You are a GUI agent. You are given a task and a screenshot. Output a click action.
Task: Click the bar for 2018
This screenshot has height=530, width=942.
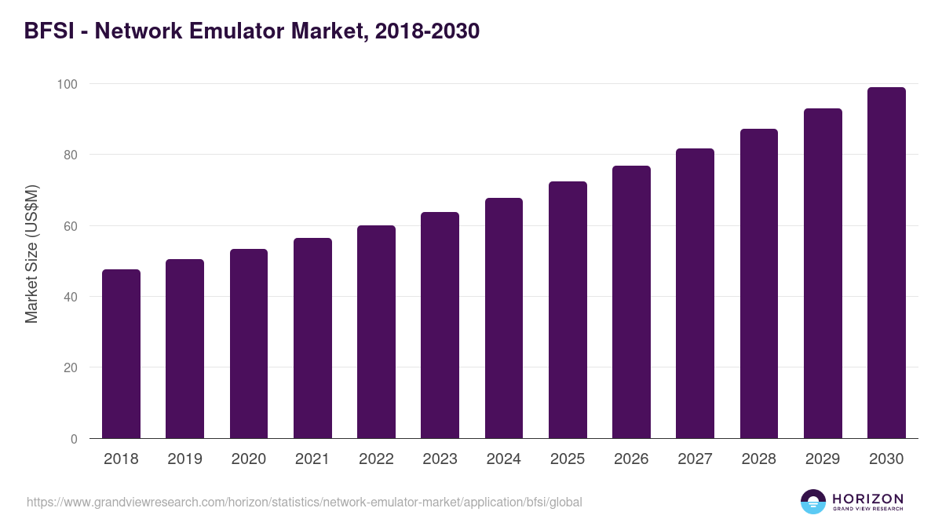[x=121, y=354]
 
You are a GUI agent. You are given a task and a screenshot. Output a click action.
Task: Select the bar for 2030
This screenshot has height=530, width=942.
[x=886, y=263]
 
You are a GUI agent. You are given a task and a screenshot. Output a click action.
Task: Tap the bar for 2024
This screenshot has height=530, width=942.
[x=504, y=318]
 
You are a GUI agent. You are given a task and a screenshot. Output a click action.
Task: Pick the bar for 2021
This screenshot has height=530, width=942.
[x=312, y=338]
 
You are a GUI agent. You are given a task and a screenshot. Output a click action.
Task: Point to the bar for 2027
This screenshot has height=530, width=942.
[x=695, y=294]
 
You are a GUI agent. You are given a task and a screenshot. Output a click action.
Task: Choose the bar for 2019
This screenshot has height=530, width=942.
[x=184, y=349]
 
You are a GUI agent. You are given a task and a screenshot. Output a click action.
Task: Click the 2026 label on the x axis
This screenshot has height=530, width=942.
[x=631, y=459]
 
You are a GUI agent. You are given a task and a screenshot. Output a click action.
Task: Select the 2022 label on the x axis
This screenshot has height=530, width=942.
[x=376, y=459]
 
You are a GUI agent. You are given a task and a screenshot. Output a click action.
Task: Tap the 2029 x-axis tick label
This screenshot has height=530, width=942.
[x=823, y=459]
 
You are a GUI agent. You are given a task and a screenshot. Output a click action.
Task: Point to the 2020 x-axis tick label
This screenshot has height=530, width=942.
[x=249, y=459]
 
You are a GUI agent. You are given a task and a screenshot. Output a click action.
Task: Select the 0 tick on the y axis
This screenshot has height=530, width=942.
[x=74, y=439]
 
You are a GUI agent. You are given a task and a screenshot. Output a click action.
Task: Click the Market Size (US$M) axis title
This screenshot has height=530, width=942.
[x=31, y=254]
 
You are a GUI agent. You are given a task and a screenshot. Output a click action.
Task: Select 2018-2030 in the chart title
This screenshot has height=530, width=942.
[x=427, y=31]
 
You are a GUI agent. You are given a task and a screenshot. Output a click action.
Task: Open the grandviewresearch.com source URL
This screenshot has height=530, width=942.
[x=305, y=502]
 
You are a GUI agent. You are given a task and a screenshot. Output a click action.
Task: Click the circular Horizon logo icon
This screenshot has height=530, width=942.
[x=813, y=502]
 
